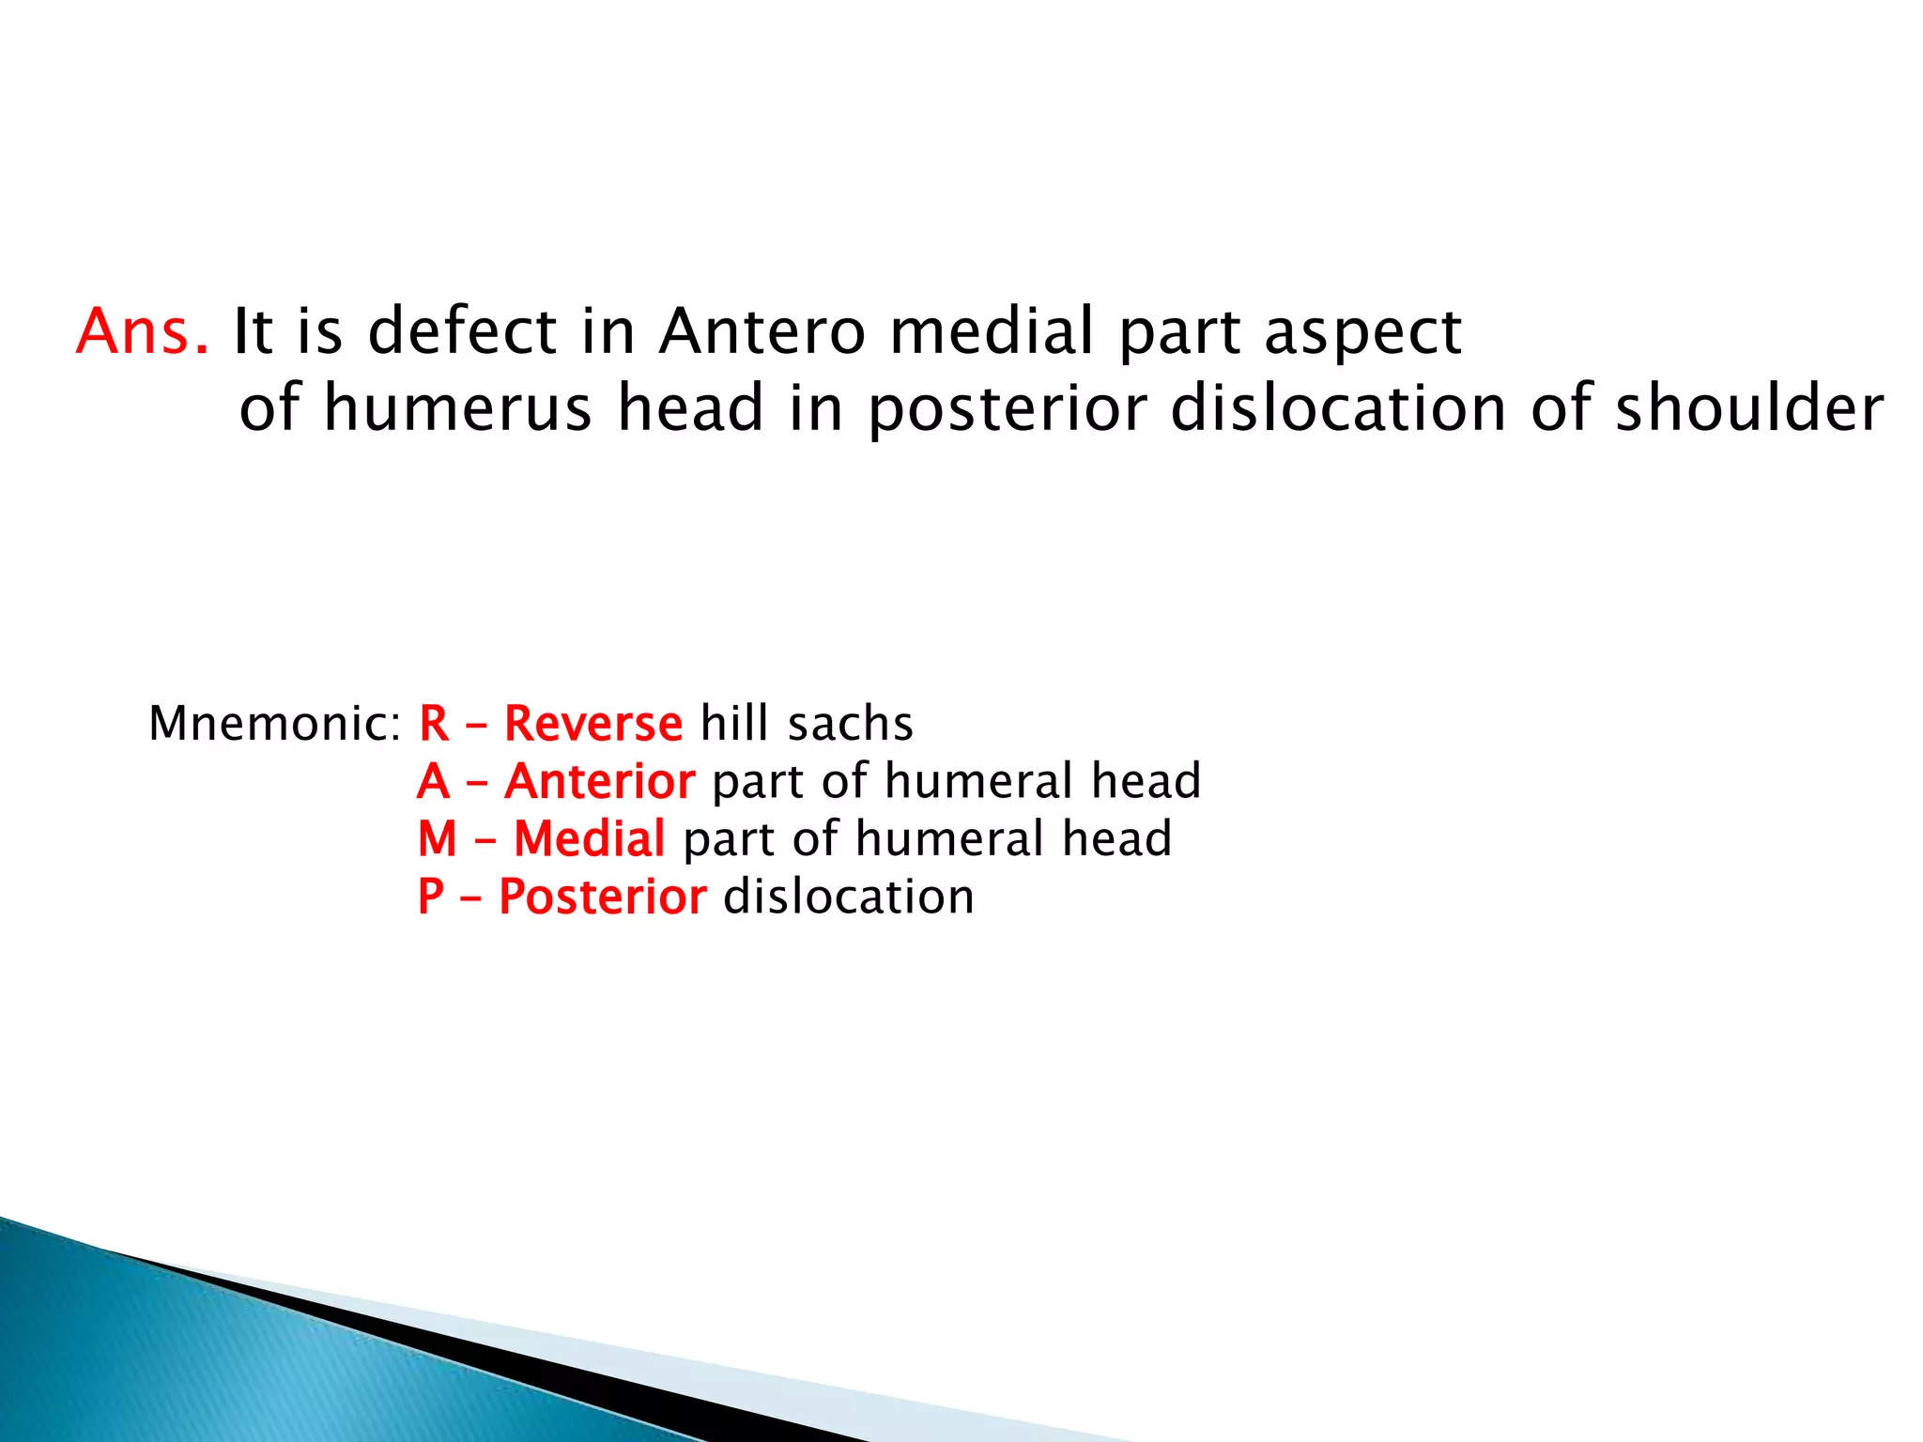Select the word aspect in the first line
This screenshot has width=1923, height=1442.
coord(1363,334)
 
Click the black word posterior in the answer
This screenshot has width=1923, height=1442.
coord(1008,411)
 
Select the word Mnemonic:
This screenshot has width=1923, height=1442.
coord(275,724)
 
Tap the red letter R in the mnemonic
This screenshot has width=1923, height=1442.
coord(434,724)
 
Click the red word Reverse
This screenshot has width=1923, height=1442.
coord(593,724)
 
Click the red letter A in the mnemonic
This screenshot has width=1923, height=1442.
coord(434,781)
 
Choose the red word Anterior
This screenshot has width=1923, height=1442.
coord(600,781)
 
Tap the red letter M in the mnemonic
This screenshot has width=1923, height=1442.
coord(438,838)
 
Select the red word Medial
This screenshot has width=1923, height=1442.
coord(590,838)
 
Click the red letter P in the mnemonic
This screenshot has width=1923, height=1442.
coord(431,897)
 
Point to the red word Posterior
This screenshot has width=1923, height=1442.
coord(603,897)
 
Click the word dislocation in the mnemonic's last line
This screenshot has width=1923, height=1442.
coord(849,897)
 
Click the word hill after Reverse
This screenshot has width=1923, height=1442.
coord(734,724)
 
